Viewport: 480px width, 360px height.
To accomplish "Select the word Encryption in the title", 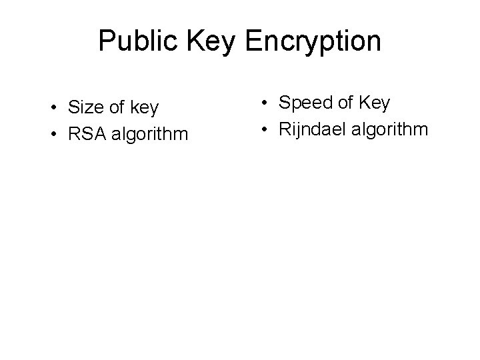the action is (313, 41).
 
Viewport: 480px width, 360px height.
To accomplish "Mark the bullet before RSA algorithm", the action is (51, 136).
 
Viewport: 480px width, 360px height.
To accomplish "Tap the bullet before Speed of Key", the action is (265, 103).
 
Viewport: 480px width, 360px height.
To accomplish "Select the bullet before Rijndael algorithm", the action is (265, 129).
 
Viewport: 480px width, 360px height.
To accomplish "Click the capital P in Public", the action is (107, 41).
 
